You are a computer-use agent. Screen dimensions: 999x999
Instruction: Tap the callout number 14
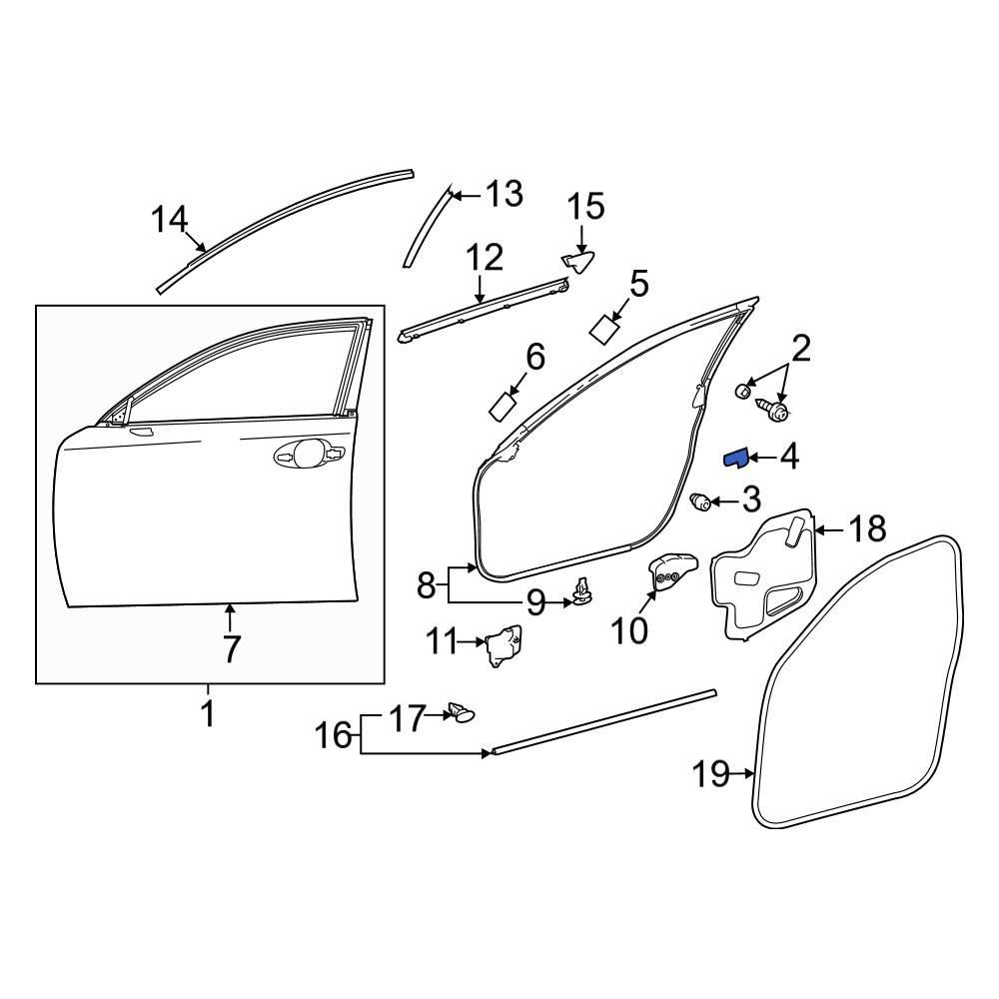[170, 219]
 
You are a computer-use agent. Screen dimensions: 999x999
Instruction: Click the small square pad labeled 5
[604, 329]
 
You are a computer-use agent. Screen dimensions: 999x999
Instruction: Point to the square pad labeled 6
[503, 406]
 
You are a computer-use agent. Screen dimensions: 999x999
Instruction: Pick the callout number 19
[712, 774]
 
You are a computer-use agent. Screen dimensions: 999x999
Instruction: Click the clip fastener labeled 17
[463, 712]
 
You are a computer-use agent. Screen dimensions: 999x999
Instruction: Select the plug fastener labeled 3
[702, 501]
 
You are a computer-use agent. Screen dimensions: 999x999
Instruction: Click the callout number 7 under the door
[231, 648]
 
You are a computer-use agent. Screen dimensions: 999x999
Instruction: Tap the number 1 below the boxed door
[208, 715]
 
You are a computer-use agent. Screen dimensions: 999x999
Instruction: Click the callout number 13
[503, 193]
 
